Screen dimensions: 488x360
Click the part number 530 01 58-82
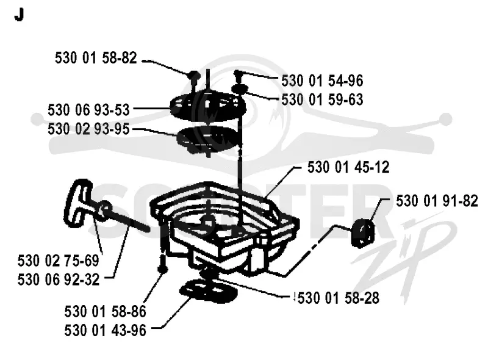[x=96, y=58]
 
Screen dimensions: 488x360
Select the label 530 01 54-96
[x=322, y=81]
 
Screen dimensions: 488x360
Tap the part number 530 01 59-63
[x=322, y=100]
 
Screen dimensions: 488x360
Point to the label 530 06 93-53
[x=88, y=110]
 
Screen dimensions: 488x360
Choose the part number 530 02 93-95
[x=88, y=129]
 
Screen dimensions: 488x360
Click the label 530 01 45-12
[x=348, y=168]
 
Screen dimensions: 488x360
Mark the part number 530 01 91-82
[x=437, y=201]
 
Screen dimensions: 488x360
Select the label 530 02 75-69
[x=59, y=261]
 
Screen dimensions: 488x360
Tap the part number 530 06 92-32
[x=59, y=279]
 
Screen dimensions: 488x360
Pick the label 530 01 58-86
[x=105, y=312]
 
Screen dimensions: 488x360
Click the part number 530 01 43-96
[x=105, y=331]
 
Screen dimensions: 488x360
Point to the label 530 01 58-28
[x=339, y=298]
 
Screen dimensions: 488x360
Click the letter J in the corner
[x=20, y=15]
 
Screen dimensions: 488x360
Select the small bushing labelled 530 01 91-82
[x=362, y=233]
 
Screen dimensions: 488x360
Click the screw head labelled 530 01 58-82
[x=194, y=76]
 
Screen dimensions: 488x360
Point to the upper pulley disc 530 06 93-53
[x=208, y=106]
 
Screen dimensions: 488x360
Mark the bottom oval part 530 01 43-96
[x=208, y=291]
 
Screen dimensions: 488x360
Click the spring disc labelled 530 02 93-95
[x=209, y=139]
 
